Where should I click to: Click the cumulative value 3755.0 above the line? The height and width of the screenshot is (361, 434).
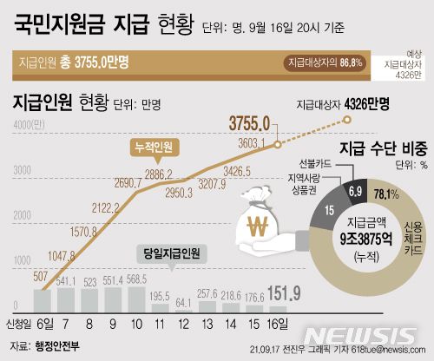(252, 122)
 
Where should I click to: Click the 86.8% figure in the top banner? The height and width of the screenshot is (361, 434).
(351, 62)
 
